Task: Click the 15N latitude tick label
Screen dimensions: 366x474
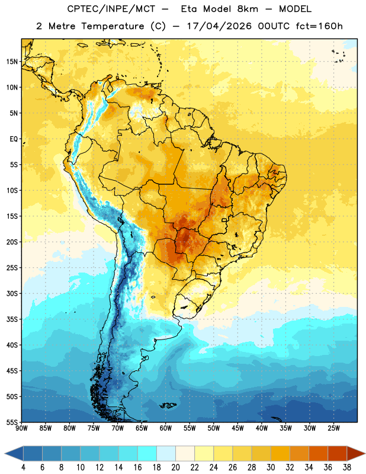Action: click(x=12, y=62)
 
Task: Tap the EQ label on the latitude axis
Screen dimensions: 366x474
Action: click(x=14, y=139)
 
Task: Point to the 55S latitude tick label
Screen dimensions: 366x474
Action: click(x=12, y=422)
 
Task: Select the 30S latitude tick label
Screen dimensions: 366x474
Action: click(x=12, y=293)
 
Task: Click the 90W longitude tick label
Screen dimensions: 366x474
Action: click(x=21, y=428)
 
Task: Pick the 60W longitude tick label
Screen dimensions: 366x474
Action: click(x=166, y=428)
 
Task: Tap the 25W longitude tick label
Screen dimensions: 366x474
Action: click(x=333, y=428)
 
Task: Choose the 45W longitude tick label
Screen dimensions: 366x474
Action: click(x=237, y=428)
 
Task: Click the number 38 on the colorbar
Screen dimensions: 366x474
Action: click(x=347, y=467)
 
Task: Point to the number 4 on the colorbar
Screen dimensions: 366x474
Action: click(x=23, y=467)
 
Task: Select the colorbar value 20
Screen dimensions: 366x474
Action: click(x=175, y=467)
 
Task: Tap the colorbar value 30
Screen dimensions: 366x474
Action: click(x=271, y=467)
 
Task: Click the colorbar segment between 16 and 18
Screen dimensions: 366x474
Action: click(x=147, y=453)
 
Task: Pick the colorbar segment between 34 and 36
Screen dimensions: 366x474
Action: click(x=318, y=453)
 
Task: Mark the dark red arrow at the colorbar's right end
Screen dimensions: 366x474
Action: click(x=356, y=453)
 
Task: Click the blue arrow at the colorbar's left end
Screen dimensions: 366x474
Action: click(x=14, y=453)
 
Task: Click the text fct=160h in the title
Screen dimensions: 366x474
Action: click(x=319, y=26)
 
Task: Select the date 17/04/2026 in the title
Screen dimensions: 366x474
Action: click(x=219, y=26)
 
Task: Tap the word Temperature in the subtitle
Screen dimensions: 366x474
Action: click(x=113, y=26)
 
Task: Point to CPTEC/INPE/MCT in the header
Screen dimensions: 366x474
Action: click(x=111, y=9)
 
